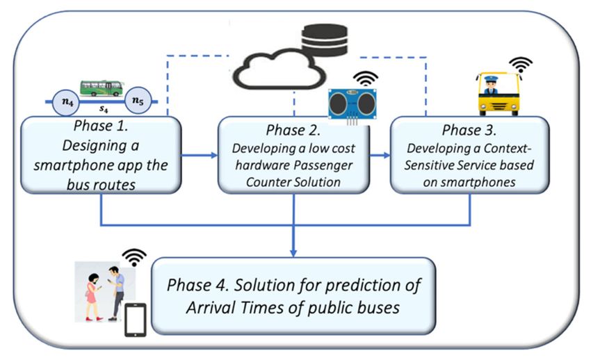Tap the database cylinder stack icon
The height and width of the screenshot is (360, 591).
(x=325, y=41)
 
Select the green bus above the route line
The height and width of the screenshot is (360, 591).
(x=102, y=88)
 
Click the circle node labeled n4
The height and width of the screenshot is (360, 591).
(x=66, y=101)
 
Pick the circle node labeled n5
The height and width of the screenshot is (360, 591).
(x=138, y=101)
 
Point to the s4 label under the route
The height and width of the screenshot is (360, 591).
(x=104, y=109)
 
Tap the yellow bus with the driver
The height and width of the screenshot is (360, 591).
(x=499, y=94)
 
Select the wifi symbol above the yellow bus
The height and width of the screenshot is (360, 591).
(x=521, y=65)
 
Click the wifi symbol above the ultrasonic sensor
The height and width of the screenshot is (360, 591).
(x=365, y=79)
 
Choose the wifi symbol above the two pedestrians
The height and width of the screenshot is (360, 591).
(x=134, y=258)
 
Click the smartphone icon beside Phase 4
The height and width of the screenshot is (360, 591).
(x=136, y=320)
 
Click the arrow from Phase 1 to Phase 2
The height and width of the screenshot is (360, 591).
(x=200, y=155)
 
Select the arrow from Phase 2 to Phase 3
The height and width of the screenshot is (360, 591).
(x=380, y=155)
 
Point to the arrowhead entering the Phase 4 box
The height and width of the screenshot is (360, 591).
(x=293, y=253)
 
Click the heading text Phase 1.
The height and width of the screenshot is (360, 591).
(x=101, y=126)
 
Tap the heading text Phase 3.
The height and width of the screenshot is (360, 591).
(x=469, y=130)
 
